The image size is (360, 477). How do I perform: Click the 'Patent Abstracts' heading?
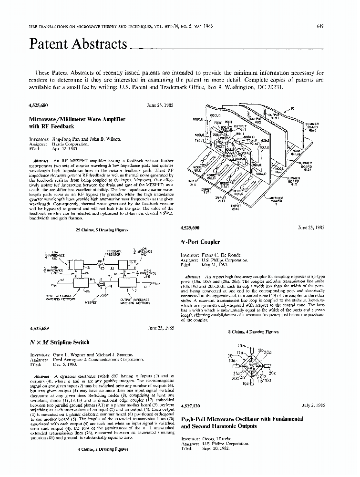point(79,44)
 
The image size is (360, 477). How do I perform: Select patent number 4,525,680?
point(39,104)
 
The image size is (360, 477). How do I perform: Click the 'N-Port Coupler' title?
point(200,242)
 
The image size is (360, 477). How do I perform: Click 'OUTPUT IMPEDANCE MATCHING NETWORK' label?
point(134,301)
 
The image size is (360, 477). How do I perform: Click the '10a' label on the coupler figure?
point(241,352)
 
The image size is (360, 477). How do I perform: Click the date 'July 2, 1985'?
point(313,405)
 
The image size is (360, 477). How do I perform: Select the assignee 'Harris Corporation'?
point(67,144)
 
